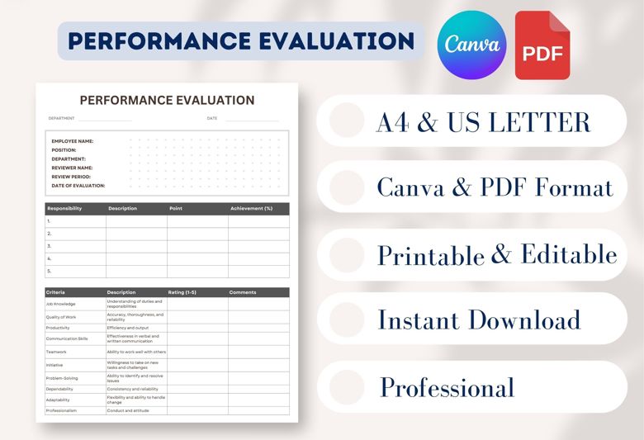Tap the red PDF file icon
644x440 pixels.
click(542, 45)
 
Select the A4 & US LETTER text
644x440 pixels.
click(483, 122)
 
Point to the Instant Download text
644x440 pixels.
click(479, 319)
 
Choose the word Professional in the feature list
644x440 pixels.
click(447, 386)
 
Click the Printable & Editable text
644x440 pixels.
click(497, 254)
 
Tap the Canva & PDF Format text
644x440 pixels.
click(495, 187)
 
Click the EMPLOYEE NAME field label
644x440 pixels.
click(72, 141)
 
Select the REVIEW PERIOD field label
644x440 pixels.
click(71, 177)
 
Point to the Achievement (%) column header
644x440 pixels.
click(251, 208)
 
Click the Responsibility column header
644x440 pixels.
click(64, 208)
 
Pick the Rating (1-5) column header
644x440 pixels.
click(182, 292)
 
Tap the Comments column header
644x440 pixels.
click(243, 292)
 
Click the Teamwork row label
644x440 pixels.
click(58, 352)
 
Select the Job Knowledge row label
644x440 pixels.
click(60, 304)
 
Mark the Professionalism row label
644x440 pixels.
click(62, 410)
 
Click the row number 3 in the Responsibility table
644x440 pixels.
click(50, 246)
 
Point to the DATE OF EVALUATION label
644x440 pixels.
click(78, 186)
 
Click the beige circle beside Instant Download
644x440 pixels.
click(347, 319)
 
